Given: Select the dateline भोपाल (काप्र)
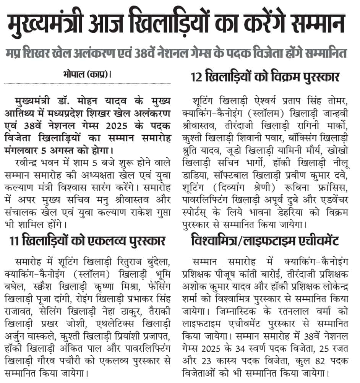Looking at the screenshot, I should pos(85,74).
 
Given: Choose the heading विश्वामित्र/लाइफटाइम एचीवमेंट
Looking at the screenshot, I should pos(264,241).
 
